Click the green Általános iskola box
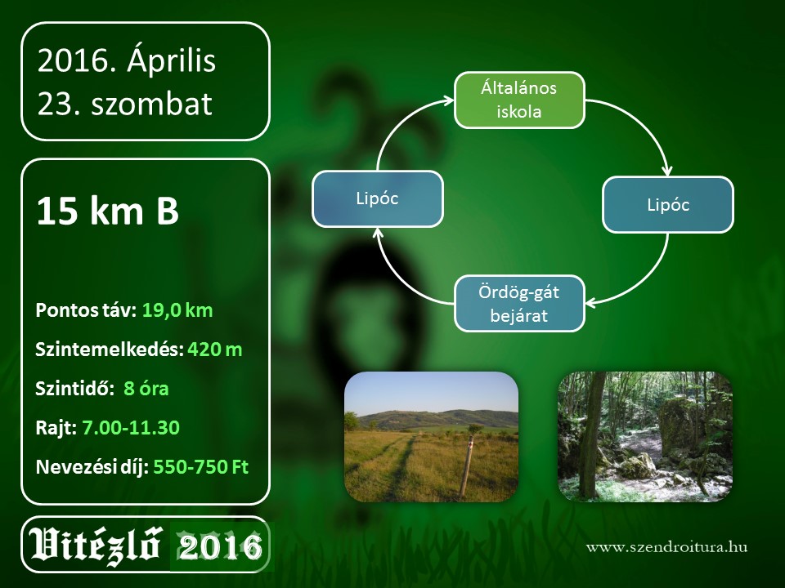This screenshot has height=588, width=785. [519, 100]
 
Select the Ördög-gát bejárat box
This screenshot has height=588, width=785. [519, 304]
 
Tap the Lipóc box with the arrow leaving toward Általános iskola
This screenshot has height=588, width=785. [378, 198]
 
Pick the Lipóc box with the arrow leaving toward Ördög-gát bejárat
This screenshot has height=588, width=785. [668, 204]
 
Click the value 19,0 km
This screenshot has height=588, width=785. [177, 310]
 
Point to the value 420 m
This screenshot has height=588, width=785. [215, 350]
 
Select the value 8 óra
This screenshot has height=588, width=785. [146, 389]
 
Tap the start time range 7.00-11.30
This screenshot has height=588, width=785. [131, 427]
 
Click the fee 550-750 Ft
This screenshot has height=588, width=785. [201, 467]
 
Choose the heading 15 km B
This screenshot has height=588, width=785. [108, 211]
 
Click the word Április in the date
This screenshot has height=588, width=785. [171, 60]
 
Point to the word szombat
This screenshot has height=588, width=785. [152, 104]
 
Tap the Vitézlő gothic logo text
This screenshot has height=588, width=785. [95, 546]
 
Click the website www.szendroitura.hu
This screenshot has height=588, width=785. [667, 547]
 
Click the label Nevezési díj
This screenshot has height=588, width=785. [92, 467]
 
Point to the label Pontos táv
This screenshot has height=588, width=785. [86, 310]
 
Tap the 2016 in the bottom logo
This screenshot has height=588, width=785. [220, 546]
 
